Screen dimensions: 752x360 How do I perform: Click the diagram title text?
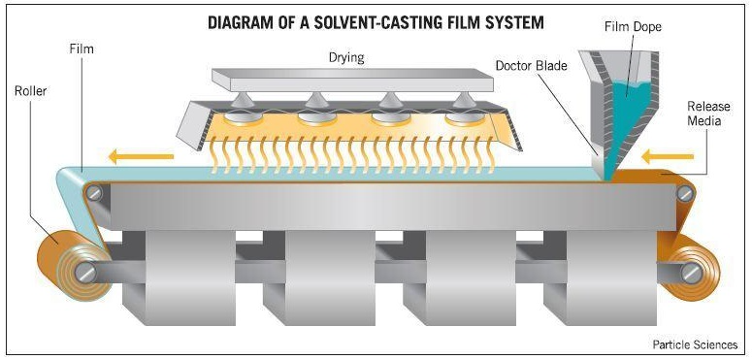pos(376,22)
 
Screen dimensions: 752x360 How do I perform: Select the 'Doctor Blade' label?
pos(531,65)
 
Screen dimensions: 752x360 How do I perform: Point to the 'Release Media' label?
pos(708,114)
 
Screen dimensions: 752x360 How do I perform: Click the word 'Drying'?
pos(346,58)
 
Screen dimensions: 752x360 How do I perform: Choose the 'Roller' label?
pos(31,90)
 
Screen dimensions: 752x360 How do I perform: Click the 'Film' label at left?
pos(82,49)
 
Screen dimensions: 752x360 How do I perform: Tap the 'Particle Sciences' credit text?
pos(695,344)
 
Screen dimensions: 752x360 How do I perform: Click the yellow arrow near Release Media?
pos(668,156)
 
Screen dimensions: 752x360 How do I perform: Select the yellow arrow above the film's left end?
pos(141,156)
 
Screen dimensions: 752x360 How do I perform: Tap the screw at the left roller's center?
pos(85,273)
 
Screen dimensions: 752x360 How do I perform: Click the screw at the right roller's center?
pos(692,273)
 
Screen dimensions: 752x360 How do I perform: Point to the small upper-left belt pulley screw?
pos(94,193)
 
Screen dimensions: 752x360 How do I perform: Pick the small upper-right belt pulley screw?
pos(685,193)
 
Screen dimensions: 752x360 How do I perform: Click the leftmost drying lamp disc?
pos(243,118)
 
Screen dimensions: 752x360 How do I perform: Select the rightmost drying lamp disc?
pos(464,118)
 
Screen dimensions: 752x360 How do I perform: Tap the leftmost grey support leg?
pos(179,278)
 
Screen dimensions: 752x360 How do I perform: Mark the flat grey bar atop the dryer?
pos(353,80)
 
